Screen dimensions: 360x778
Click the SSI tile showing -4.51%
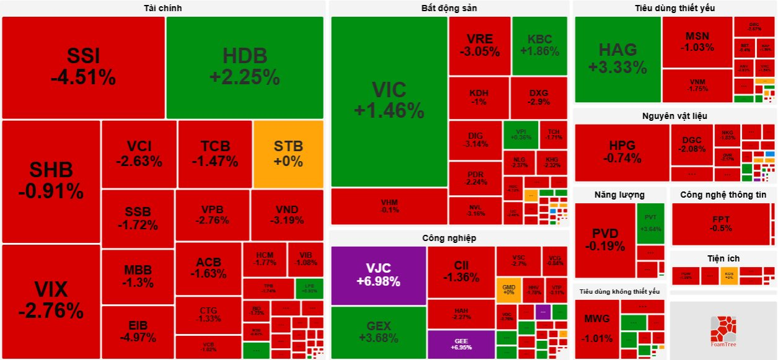(83, 67)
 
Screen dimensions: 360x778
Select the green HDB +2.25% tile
(245, 67)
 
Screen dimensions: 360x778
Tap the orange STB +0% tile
(288, 154)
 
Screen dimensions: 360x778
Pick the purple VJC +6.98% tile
(378, 274)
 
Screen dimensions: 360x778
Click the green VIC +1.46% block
(389, 100)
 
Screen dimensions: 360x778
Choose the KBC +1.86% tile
(539, 45)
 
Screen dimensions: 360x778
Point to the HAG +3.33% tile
(617, 59)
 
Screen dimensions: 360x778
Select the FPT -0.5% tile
(721, 224)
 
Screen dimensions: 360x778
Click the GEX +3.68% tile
(378, 332)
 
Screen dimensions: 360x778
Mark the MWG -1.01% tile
(596, 328)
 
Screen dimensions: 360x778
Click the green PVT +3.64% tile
(650, 223)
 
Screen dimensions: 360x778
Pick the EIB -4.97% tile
(138, 331)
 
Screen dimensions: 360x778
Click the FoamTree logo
(722, 330)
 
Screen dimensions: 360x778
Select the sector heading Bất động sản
(449, 8)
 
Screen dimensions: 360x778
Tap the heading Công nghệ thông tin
(723, 195)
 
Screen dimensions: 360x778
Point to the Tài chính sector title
(162, 8)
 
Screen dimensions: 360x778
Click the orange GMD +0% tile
(509, 289)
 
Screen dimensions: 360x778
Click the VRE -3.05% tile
(479, 45)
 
